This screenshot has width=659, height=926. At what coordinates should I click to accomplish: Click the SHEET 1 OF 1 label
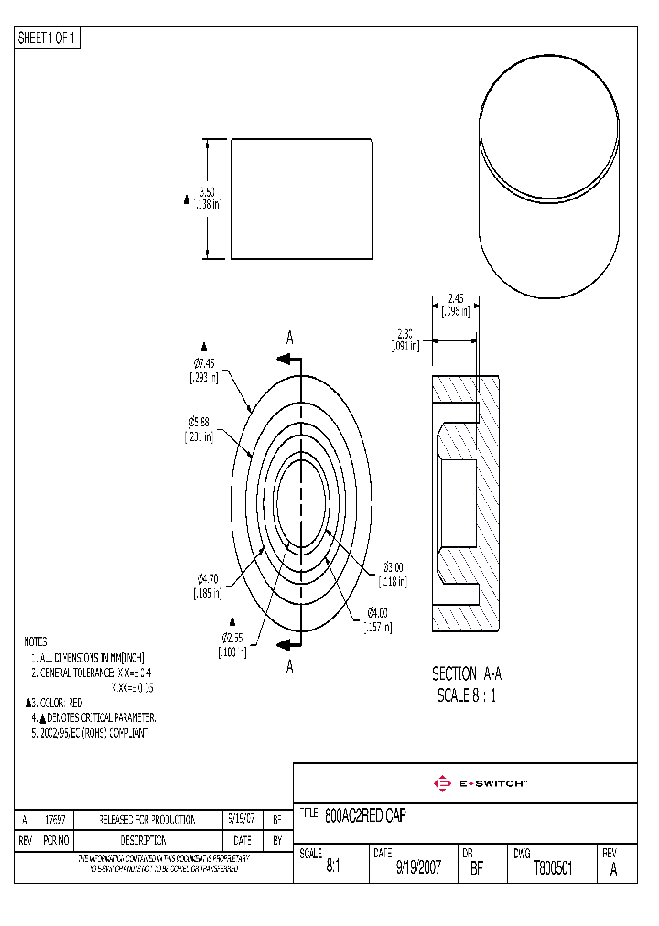tap(48, 38)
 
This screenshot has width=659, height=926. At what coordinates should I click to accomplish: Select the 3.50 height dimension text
tap(208, 193)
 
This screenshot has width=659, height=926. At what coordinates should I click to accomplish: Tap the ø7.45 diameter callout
tap(204, 364)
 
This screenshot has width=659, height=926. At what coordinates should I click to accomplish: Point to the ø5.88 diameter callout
tap(200, 422)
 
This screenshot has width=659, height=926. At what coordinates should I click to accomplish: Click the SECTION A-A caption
tap(467, 673)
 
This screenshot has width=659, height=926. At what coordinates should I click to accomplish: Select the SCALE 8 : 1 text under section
tap(467, 695)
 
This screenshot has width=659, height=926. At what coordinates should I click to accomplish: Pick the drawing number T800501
tap(553, 869)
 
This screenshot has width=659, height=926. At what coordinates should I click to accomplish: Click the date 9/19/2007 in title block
tap(418, 869)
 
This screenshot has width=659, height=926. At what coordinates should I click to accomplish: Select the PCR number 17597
tap(56, 821)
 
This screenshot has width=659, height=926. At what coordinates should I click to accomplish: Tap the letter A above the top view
tap(290, 339)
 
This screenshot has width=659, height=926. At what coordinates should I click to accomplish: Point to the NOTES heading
tap(36, 642)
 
